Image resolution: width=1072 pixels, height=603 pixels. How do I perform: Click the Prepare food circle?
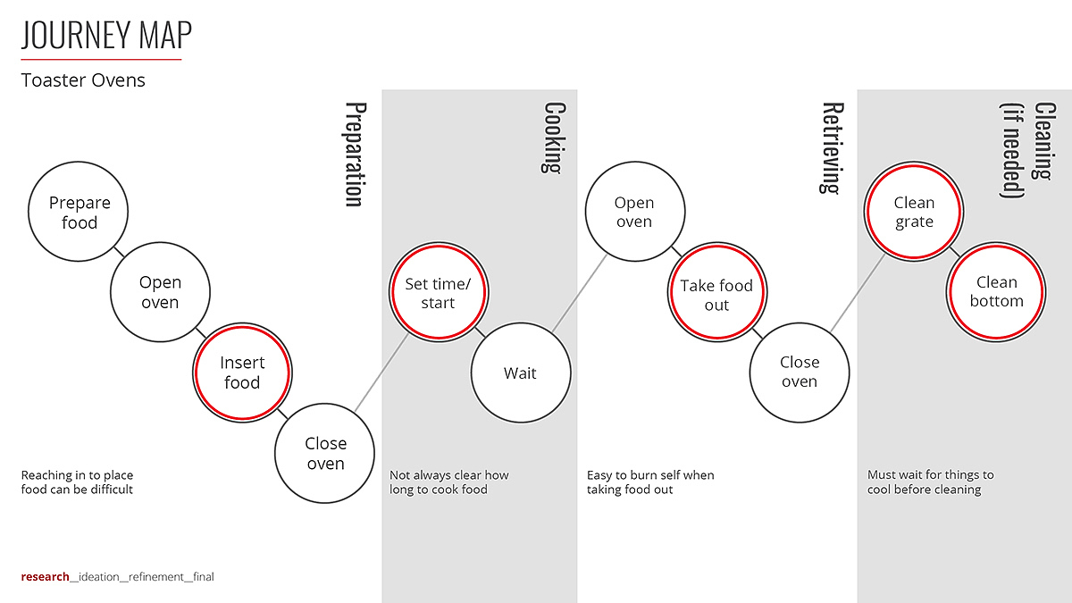click(x=79, y=213)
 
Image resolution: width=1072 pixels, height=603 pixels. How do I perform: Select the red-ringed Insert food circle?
click(x=242, y=373)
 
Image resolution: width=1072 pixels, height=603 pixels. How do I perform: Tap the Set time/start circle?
click(x=438, y=293)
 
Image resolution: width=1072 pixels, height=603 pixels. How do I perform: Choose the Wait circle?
click(x=520, y=373)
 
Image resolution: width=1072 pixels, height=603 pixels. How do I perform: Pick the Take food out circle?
click(x=716, y=295)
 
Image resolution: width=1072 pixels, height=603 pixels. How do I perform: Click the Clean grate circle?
click(x=914, y=213)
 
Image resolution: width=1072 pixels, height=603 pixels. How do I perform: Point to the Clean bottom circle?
click(x=996, y=292)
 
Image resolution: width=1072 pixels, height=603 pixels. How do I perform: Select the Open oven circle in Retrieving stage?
click(x=633, y=213)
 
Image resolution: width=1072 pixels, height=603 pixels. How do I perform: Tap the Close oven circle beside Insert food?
click(x=325, y=453)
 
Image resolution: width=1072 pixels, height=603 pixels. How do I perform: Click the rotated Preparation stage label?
click(x=355, y=154)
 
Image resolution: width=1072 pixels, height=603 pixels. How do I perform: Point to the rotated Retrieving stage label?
click(x=832, y=147)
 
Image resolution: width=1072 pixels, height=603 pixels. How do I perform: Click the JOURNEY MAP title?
click(x=106, y=36)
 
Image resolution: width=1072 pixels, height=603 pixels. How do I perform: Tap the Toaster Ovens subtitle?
click(x=83, y=80)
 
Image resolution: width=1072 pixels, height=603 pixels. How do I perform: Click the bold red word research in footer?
click(x=45, y=577)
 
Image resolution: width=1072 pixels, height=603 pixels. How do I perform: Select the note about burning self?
click(x=650, y=482)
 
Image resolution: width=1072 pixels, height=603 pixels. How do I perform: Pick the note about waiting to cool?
click(x=930, y=482)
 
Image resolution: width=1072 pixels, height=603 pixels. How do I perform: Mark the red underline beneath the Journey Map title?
click(x=101, y=59)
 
